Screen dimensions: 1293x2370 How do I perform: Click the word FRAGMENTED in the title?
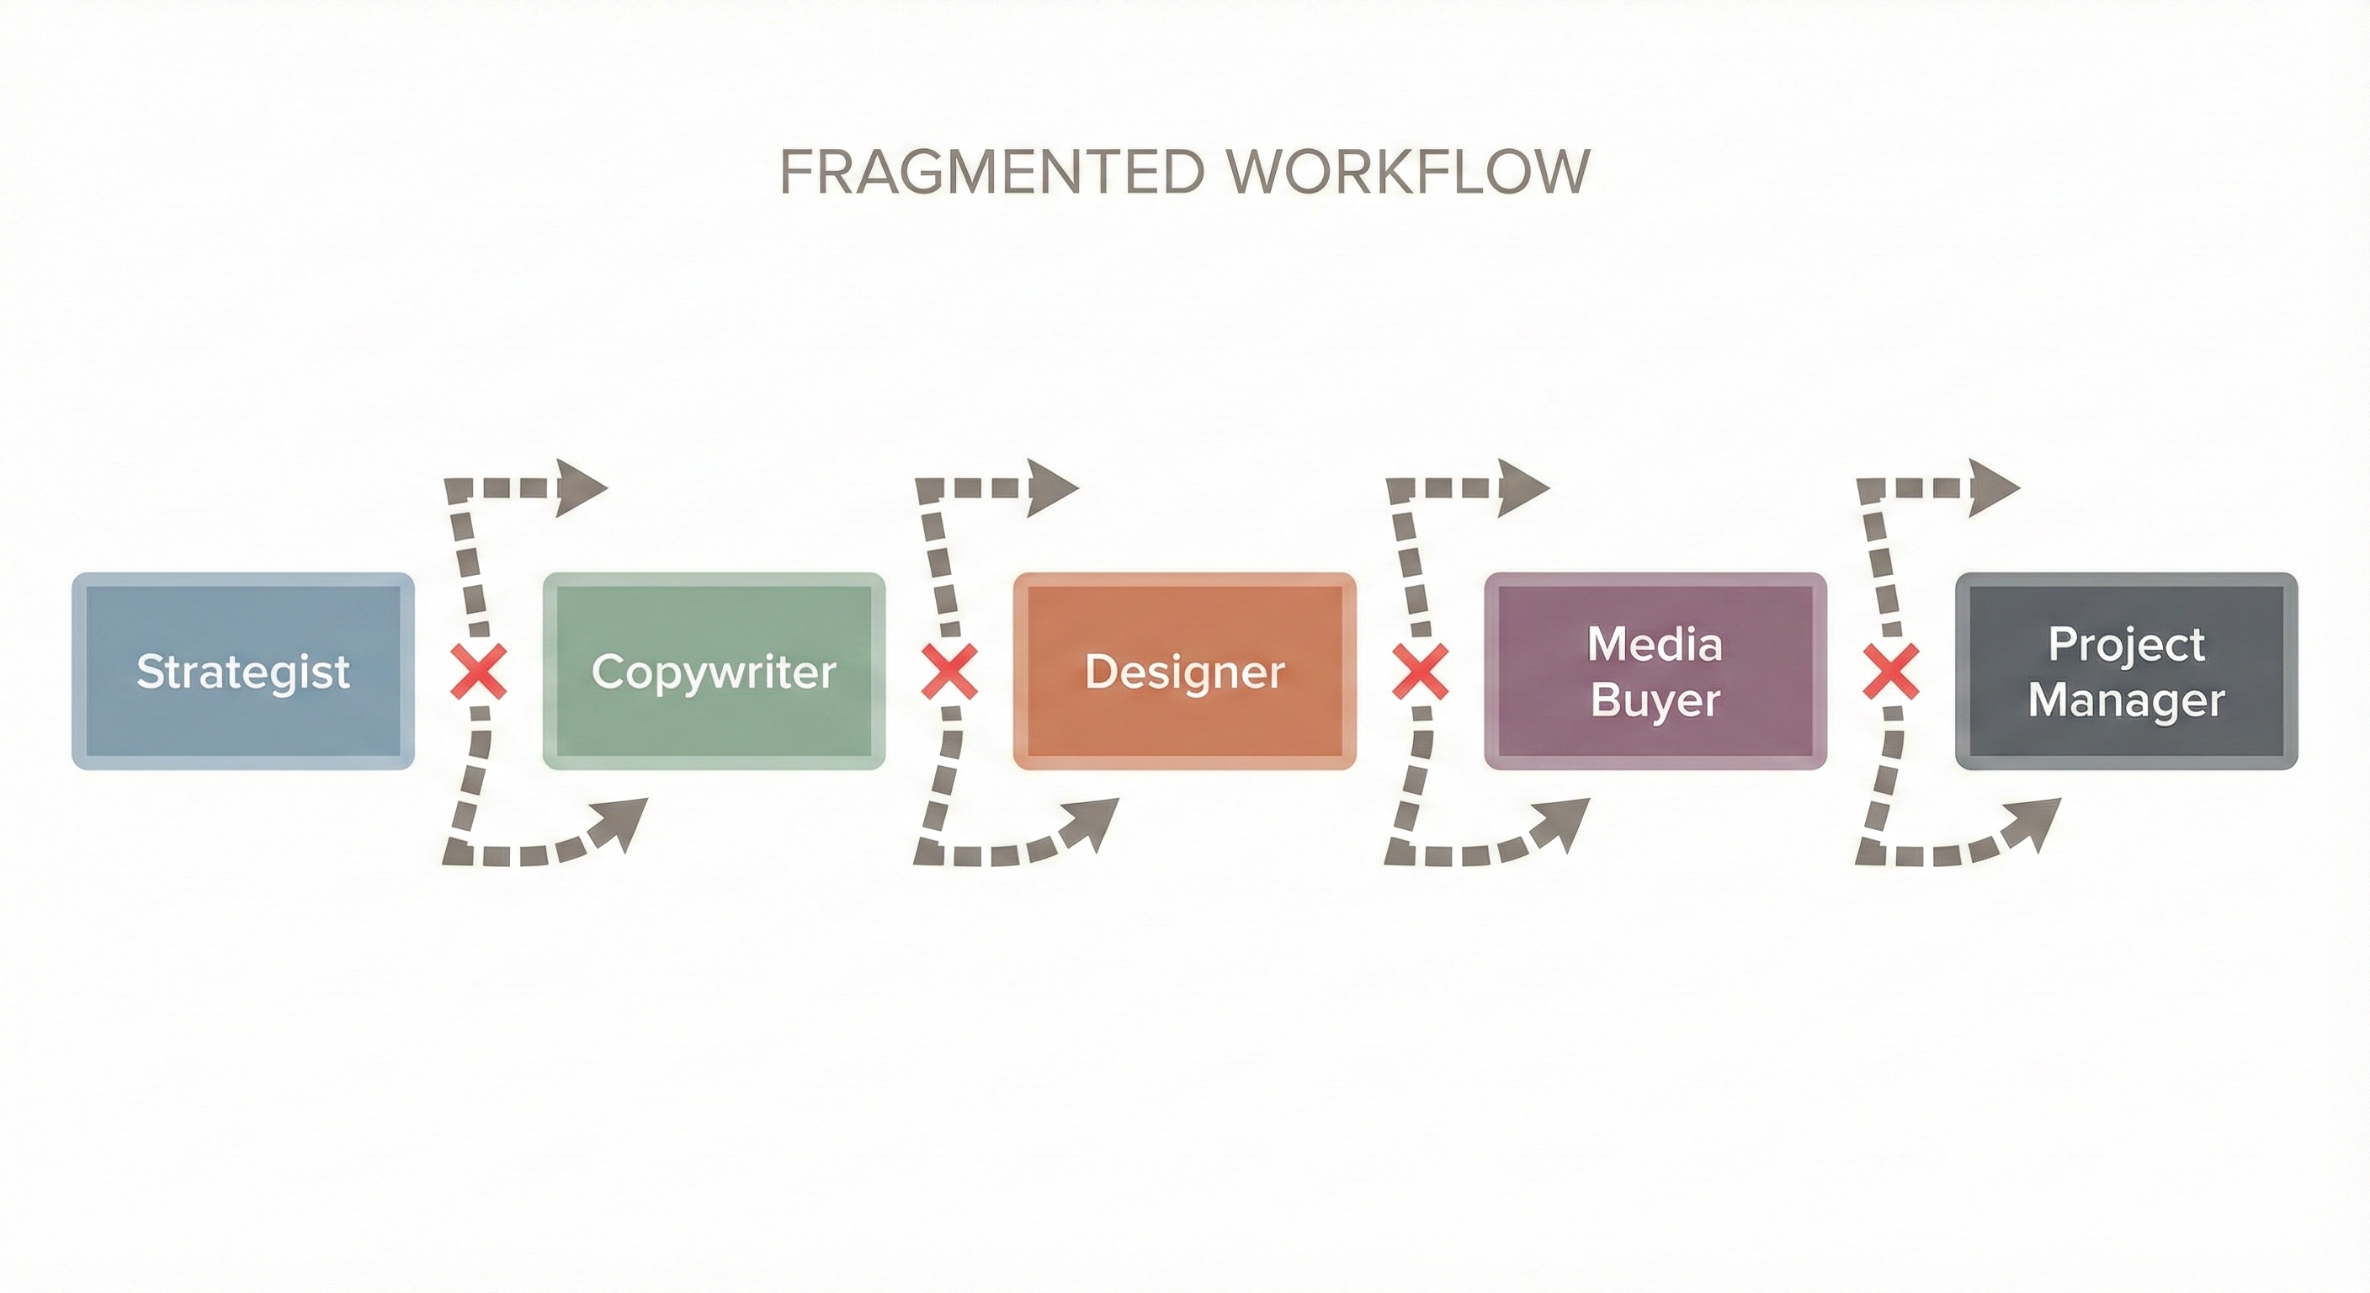click(x=991, y=172)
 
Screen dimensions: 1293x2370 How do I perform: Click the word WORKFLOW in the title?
click(x=1408, y=172)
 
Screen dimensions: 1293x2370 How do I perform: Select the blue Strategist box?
click(x=243, y=671)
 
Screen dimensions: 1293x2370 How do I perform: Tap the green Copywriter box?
click(x=714, y=671)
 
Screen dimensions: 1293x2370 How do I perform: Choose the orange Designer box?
click(x=1184, y=671)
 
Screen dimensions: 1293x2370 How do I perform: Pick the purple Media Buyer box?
click(x=1655, y=671)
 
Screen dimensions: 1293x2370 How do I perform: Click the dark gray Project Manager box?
click(x=2126, y=671)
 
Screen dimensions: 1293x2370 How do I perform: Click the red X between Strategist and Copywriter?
click(x=478, y=671)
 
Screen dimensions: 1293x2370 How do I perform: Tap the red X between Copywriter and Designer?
click(x=949, y=671)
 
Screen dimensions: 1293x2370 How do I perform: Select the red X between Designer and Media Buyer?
click(x=1421, y=671)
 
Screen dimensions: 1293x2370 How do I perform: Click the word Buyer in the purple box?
click(x=1655, y=701)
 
